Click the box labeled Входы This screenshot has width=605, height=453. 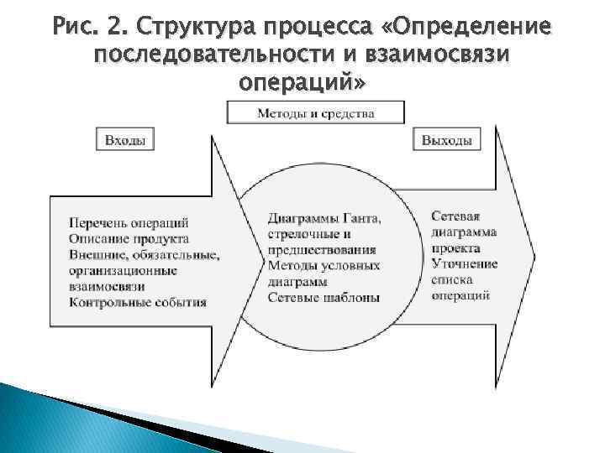(125, 140)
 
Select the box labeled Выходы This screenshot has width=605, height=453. (446, 140)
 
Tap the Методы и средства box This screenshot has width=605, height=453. (316, 112)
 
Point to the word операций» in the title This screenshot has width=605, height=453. (303, 84)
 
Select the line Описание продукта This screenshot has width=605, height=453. (129, 238)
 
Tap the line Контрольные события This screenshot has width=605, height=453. (138, 302)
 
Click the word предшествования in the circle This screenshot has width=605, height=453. (322, 250)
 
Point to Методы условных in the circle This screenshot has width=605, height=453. (324, 266)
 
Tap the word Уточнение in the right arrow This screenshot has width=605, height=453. (465, 263)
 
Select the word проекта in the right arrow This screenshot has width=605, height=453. (456, 247)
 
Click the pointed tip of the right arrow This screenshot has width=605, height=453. (532, 252)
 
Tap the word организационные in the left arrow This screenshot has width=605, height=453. (124, 270)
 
